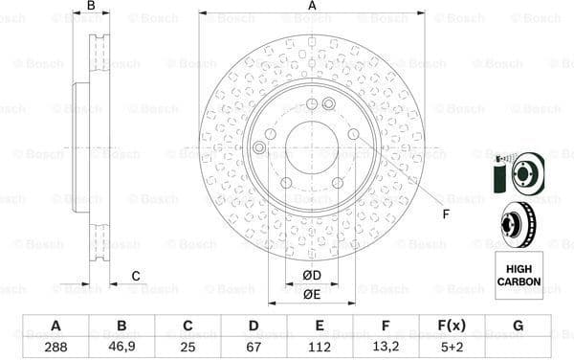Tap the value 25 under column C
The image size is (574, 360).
click(x=188, y=347)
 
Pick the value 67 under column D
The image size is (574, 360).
click(x=254, y=347)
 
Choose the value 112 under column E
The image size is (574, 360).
click(x=320, y=347)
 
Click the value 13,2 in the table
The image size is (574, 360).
click(x=386, y=347)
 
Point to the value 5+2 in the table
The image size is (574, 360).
click(x=452, y=347)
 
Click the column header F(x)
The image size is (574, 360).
click(x=452, y=326)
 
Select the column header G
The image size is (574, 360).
click(x=518, y=326)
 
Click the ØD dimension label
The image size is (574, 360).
click(x=312, y=277)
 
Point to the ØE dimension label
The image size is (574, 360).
click(x=312, y=295)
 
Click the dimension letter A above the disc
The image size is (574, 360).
click(x=312, y=7)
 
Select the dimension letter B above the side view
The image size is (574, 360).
click(x=91, y=7)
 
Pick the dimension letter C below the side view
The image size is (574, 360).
click(x=136, y=277)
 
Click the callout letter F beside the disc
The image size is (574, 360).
click(x=445, y=215)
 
